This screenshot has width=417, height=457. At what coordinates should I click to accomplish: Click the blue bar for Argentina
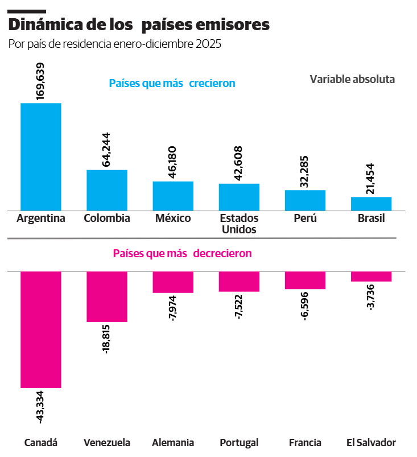(x=41, y=157)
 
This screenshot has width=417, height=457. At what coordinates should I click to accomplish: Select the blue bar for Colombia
(x=107, y=190)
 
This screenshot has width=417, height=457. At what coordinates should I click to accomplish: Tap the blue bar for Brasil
(x=371, y=204)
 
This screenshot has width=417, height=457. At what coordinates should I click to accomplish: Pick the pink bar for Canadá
(x=41, y=330)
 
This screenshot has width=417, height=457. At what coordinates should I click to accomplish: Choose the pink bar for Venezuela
(x=107, y=297)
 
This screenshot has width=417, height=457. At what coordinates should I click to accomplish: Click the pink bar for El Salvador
(x=371, y=277)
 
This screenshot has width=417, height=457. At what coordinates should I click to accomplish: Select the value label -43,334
(x=40, y=406)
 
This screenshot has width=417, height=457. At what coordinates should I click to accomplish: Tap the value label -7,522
(x=239, y=307)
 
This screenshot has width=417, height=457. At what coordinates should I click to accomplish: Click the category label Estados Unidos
(x=239, y=224)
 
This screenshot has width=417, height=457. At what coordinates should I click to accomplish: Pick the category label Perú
(x=305, y=219)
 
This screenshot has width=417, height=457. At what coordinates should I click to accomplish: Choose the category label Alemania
(x=173, y=443)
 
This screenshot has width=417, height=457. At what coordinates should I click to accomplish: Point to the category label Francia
(x=305, y=443)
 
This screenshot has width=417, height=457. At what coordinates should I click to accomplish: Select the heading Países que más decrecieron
(x=182, y=253)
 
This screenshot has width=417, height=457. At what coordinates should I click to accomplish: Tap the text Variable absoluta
(x=352, y=79)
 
